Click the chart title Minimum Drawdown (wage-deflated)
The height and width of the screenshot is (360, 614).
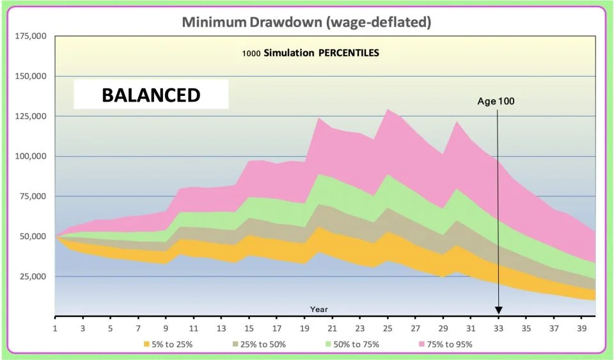tap(306, 22)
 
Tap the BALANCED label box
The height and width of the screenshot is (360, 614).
tap(151, 95)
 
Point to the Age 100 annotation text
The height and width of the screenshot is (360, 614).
tap(496, 101)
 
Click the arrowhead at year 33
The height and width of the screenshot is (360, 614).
tap(498, 310)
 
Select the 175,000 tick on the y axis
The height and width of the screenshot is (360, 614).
tap(29, 36)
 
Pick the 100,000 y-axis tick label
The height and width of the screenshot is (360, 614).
tap(29, 157)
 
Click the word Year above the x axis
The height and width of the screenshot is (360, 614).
tap(319, 309)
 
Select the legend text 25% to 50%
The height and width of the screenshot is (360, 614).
tap(264, 344)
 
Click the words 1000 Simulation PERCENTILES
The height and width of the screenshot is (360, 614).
tap(310, 53)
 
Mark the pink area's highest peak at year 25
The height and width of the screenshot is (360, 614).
tap(388, 110)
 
